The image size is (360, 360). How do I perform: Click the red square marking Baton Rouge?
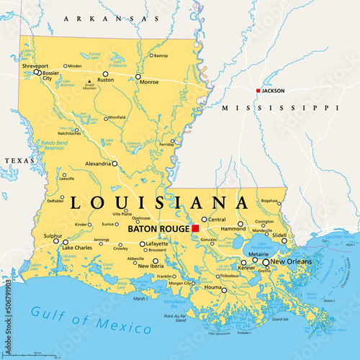pyautogui.click(x=195, y=228)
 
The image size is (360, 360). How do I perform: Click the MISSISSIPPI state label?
pyautogui.click(x=279, y=107)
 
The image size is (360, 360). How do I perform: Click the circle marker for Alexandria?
pyautogui.click(x=114, y=163)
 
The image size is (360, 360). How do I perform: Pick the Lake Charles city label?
pyautogui.click(x=77, y=248)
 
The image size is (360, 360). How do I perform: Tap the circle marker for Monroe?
pyautogui.click(x=137, y=76)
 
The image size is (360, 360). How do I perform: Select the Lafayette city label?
pyautogui.click(x=157, y=244)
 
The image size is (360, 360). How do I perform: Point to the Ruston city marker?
pyautogui.click(x=106, y=73)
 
